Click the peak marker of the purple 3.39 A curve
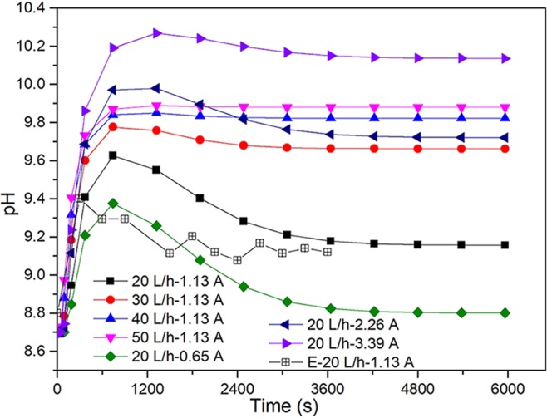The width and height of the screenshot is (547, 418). tap(157, 33)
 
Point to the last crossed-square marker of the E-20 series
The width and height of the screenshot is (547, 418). tap(328, 251)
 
